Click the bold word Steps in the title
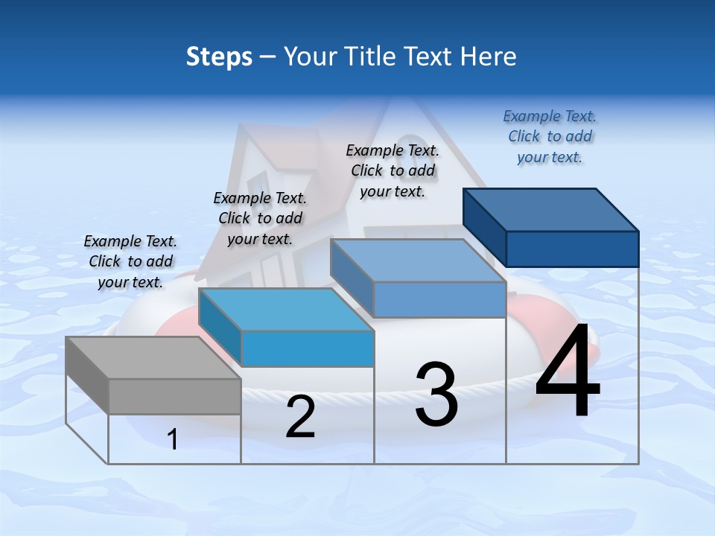tap(219, 57)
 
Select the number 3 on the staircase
tap(436, 395)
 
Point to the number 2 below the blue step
tap(300, 417)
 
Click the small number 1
tap(173, 439)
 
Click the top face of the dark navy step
tap(551, 209)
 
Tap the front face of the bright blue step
tap(308, 348)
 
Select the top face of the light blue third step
tap(418, 261)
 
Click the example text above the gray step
tap(130, 261)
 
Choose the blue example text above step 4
tap(550, 136)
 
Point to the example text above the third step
tap(393, 170)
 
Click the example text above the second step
tap(260, 218)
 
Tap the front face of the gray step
tap(174, 396)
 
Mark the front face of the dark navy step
tap(572, 249)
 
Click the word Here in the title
tap(489, 57)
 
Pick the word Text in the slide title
tap(430, 57)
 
